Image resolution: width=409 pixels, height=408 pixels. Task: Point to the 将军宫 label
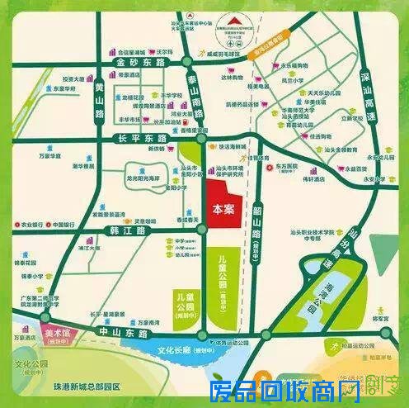(x=380, y=317)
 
